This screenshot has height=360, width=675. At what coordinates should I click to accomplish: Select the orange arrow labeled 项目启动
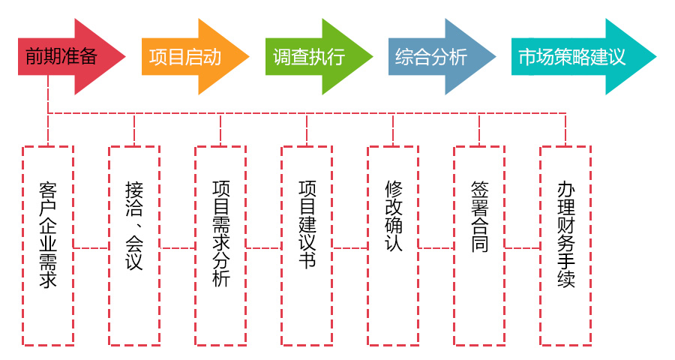tap(187, 57)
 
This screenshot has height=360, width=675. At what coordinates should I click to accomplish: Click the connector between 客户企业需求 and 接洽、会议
tap(91, 247)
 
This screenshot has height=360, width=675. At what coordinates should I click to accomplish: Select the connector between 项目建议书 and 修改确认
tap(350, 247)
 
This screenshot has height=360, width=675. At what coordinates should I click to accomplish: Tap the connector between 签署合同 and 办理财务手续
tap(523, 247)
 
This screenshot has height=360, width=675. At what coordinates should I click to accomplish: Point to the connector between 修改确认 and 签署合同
tap(436, 247)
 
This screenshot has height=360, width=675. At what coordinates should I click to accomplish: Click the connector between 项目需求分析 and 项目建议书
tap(264, 247)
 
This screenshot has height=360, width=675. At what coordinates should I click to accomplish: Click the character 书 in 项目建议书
tap(307, 260)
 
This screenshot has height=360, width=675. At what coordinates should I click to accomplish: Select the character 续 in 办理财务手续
tap(565, 280)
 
